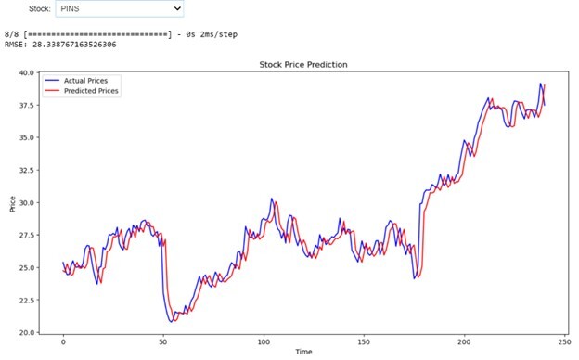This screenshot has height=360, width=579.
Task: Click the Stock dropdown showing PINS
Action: [x=119, y=9]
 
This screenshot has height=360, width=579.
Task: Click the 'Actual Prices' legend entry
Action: [x=88, y=81]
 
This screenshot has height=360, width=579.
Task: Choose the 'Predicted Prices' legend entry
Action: [x=92, y=91]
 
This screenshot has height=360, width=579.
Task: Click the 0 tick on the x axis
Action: [x=63, y=341]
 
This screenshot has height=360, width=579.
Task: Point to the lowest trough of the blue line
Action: [x=171, y=321]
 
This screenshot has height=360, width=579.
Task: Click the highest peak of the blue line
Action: [x=541, y=84]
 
